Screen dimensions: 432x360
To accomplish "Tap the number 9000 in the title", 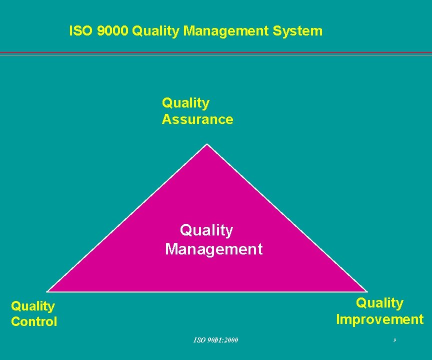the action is (x=113, y=31).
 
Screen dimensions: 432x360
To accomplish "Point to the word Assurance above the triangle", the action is (x=197, y=119).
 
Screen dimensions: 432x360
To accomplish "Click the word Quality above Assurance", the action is (x=185, y=103).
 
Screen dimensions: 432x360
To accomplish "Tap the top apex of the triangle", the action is (x=207, y=145).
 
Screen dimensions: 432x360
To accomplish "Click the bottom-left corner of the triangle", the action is (x=48, y=291).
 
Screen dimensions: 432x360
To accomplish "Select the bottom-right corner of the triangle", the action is (x=366, y=291).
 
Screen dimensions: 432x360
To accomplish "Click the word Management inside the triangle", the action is (x=213, y=249).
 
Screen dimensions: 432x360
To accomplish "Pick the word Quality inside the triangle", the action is (x=206, y=230).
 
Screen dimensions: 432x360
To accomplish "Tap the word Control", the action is (x=34, y=322).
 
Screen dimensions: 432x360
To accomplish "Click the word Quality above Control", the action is (x=33, y=306).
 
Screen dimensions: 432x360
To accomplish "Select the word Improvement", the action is (x=379, y=319).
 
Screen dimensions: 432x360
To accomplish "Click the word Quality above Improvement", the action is (x=379, y=303).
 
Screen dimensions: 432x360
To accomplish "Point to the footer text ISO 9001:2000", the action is (x=216, y=340).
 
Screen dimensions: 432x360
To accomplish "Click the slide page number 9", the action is (x=394, y=340).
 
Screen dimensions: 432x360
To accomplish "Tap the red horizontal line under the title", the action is (x=216, y=52).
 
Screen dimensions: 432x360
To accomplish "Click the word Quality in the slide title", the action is (x=156, y=31).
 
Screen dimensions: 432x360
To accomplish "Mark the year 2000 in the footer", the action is (x=231, y=340).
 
